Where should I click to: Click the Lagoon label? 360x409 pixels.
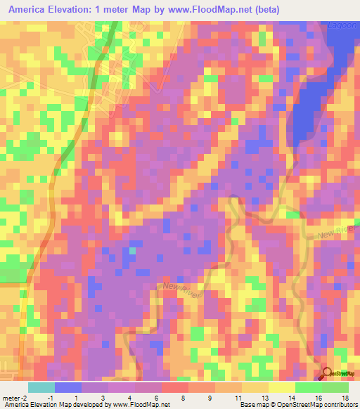point(342,26)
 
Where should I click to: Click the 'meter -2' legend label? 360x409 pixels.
point(14,397)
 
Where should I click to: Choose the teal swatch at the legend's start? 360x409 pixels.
point(41,387)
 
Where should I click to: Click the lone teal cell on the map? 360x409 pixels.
point(132,250)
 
